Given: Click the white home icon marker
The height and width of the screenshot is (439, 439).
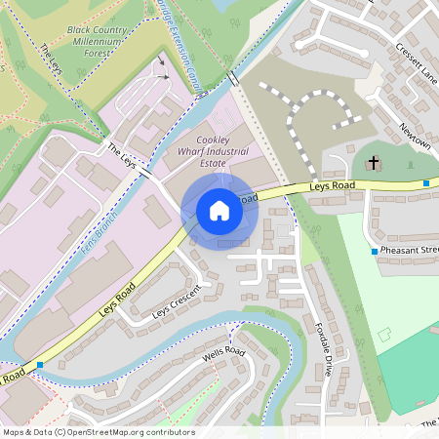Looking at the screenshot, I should click(x=219, y=211).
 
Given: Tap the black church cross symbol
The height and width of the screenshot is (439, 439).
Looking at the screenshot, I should click(x=374, y=163).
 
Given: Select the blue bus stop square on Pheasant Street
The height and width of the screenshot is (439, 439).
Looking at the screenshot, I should click(x=375, y=252).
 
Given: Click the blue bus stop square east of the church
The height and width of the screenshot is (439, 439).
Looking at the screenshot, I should click(x=426, y=182).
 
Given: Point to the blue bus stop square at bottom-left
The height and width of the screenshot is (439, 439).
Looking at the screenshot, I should click(x=39, y=365).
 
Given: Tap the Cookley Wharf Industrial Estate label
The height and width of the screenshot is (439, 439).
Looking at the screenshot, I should click(x=220, y=152).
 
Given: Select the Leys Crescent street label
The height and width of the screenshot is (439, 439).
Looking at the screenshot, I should click(x=177, y=303).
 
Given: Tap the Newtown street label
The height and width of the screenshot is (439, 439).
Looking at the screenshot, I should click(x=415, y=136).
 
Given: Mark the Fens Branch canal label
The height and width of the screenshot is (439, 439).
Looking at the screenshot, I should click(x=99, y=231).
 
